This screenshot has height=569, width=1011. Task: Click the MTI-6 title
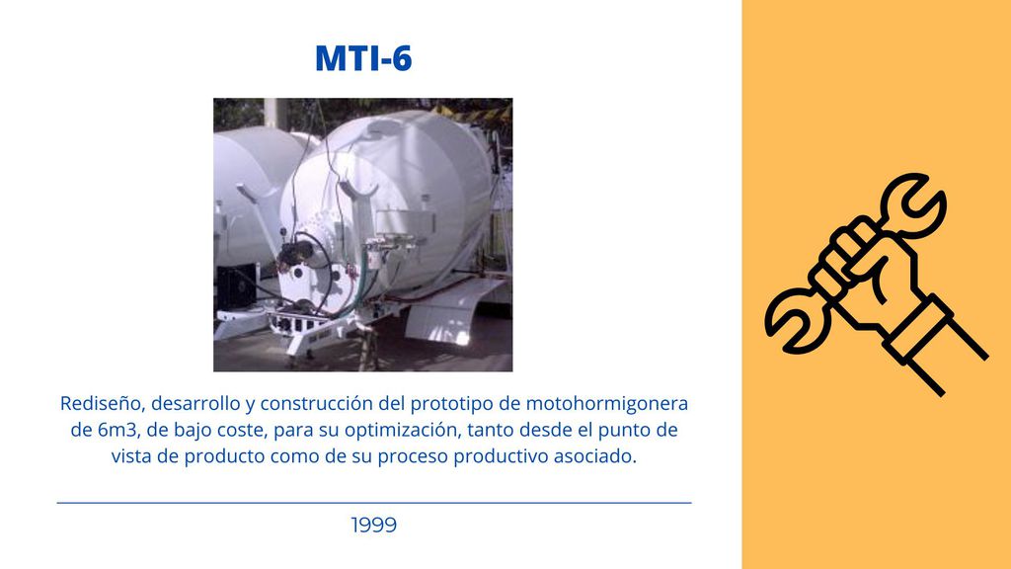pos(363,58)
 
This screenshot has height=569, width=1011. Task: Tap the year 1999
pos(373,526)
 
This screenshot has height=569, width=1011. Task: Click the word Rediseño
pos(99,403)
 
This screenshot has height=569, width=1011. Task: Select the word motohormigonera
pos(607,403)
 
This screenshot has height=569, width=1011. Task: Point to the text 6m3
pos(115,430)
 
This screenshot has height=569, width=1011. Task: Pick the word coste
pos(248,431)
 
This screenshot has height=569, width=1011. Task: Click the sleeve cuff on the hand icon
pos(919,328)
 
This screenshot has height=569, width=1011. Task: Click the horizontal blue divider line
pos(374,503)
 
